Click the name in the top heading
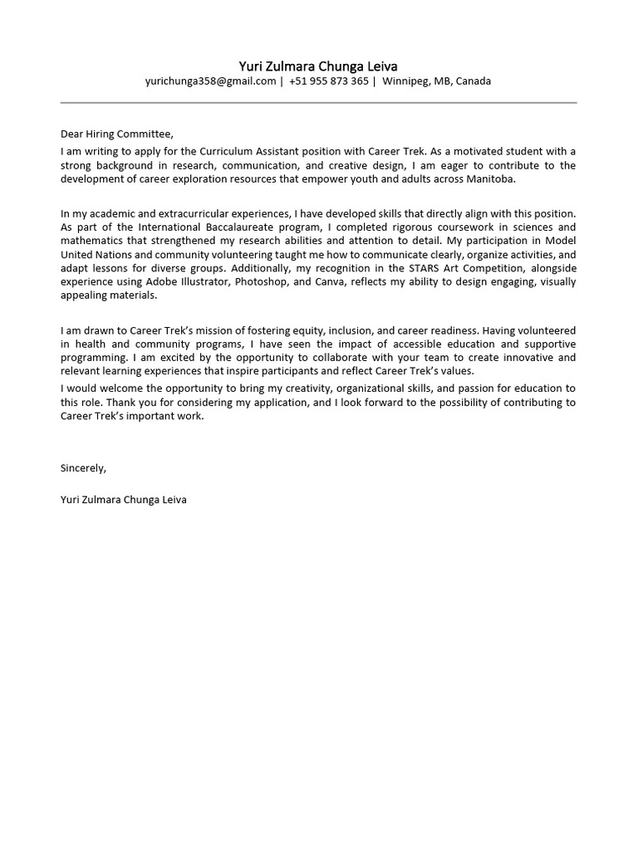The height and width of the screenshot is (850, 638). point(318,66)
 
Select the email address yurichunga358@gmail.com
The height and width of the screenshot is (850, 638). point(209,81)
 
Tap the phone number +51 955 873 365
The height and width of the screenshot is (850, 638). point(329,81)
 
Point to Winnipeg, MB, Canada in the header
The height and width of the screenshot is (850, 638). point(436,81)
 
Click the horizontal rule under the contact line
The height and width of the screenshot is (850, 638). point(318,103)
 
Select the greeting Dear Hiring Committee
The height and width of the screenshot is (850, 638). point(117,134)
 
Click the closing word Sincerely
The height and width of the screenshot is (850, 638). point(83,468)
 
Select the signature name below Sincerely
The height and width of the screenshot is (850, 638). point(123,501)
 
